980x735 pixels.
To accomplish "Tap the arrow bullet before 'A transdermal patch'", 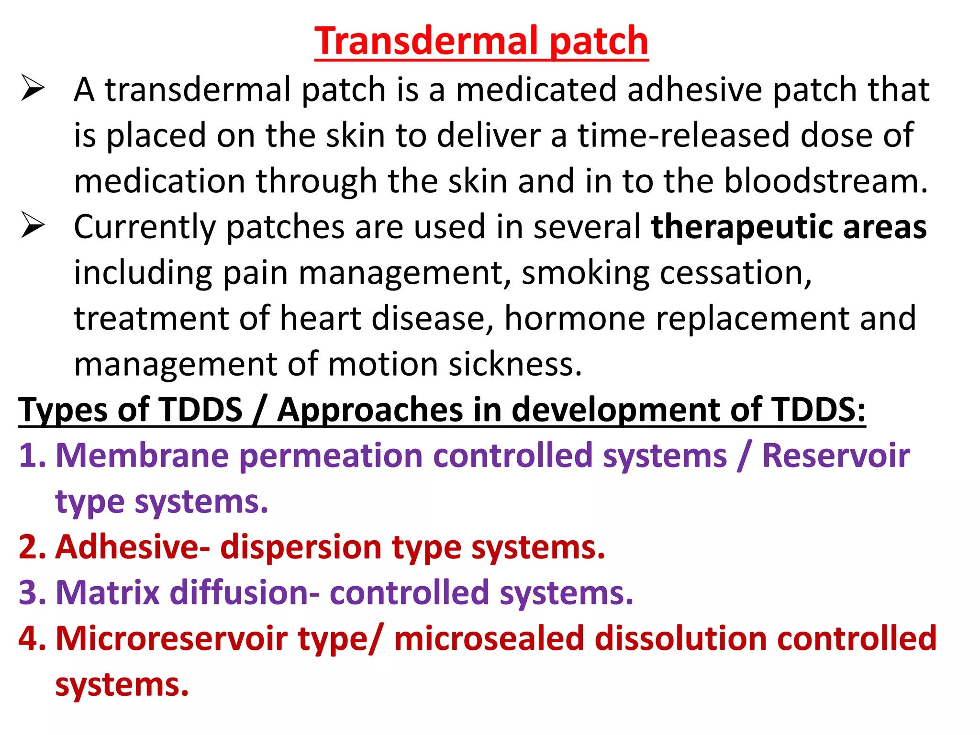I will [x=33, y=89].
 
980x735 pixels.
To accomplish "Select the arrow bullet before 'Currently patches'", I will [x=33, y=226].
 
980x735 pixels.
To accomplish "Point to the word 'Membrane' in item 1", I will [x=142, y=456].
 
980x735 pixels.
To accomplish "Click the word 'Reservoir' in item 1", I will [x=835, y=456].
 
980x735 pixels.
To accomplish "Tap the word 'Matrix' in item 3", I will [x=108, y=593].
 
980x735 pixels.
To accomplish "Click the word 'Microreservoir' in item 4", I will [x=172, y=639].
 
